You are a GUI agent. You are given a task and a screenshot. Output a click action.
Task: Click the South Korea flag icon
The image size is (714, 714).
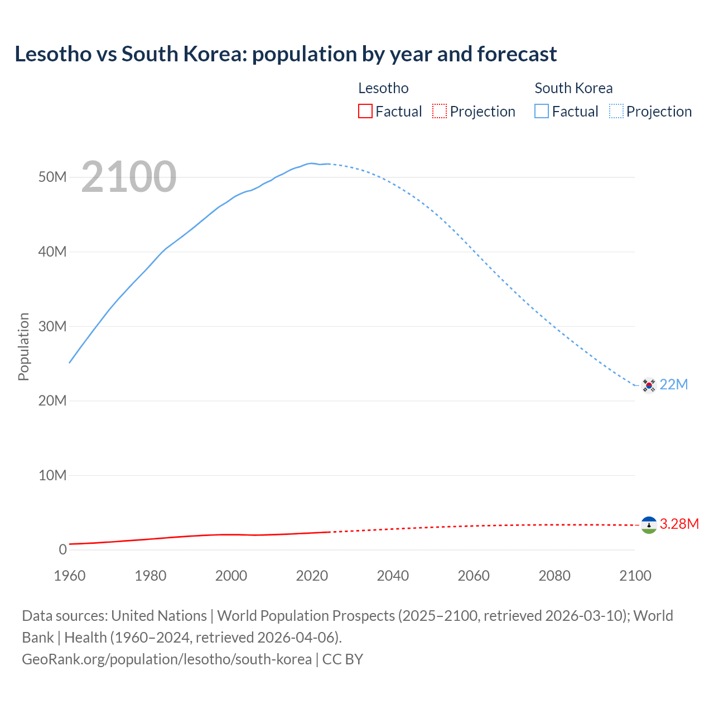[649, 385]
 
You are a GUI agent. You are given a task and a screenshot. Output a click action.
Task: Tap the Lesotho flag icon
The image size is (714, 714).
[649, 525]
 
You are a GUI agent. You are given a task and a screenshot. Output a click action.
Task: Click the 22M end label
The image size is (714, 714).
[674, 385]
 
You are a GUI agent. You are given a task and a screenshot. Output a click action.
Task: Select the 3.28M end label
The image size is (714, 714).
[679, 524]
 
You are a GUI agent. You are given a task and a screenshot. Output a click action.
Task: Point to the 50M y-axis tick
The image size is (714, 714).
[52, 177]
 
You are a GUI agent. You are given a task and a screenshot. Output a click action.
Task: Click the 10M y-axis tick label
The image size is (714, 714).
[52, 476]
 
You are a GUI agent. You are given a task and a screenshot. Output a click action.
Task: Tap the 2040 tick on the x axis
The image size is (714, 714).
[393, 576]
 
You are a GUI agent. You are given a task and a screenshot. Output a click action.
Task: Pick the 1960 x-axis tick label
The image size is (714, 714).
[70, 576]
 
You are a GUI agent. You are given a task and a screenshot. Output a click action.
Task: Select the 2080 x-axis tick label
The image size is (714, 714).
[554, 576]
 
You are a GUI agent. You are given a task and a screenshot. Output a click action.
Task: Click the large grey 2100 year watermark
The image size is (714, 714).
[129, 177]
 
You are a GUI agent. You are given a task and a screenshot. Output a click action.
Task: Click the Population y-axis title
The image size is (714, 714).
[23, 347]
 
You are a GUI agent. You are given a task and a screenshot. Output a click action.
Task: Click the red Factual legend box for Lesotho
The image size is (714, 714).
[365, 112]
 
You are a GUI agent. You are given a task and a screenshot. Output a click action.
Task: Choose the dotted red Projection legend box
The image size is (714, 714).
[440, 112]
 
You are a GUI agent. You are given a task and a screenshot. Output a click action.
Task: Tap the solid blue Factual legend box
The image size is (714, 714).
[542, 112]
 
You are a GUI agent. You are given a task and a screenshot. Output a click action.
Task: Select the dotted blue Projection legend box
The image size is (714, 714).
[616, 112]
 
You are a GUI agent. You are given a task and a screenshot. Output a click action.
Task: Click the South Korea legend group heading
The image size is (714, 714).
[573, 88]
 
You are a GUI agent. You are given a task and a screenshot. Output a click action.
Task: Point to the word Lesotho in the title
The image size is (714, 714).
[53, 54]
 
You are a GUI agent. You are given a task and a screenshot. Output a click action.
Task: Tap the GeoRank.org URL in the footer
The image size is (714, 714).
[166, 659]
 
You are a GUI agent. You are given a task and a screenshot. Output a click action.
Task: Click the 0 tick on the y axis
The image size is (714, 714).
[62, 550]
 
